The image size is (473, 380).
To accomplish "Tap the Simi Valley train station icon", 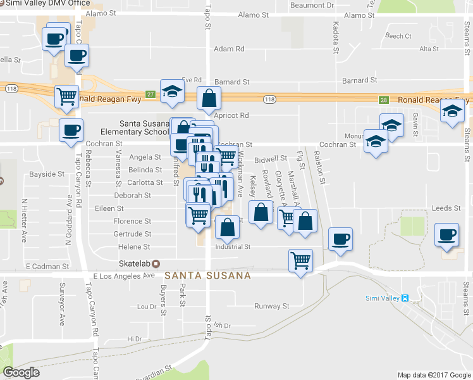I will (405, 298).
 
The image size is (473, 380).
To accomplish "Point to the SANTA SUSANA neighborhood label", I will (207, 276).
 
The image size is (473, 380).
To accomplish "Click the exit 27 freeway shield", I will (150, 94).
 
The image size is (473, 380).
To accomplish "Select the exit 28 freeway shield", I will (383, 99).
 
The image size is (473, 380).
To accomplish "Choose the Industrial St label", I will (233, 246).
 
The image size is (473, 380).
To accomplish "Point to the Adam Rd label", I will (229, 49).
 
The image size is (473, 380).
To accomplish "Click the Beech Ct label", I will (398, 36).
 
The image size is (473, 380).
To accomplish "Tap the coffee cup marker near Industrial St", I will (340, 239).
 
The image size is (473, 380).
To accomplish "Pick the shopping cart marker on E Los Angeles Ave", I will (300, 259).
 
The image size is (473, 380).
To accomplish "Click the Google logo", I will (21, 372).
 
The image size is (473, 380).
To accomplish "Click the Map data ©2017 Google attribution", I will (433, 375).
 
